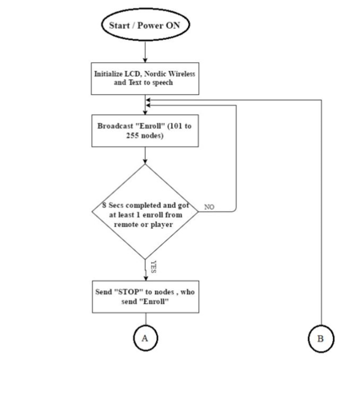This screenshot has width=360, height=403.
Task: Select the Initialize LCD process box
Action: pos(145,78)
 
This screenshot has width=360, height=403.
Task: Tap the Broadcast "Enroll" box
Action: pos(145,130)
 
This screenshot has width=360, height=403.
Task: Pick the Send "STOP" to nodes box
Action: pos(146,297)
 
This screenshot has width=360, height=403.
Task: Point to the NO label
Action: pos(209,207)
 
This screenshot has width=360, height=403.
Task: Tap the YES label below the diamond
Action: pos(154,267)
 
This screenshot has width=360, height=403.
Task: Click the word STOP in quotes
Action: pos(129,292)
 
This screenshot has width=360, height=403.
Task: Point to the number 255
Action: pos(132,135)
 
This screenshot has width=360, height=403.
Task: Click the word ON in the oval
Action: pos(173,26)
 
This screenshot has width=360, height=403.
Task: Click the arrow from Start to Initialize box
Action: pos(146,52)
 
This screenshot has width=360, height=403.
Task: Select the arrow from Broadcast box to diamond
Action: pos(145,155)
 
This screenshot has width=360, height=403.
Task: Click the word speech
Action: pos(162,82)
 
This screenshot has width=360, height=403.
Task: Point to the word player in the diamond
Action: pos(162,225)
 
